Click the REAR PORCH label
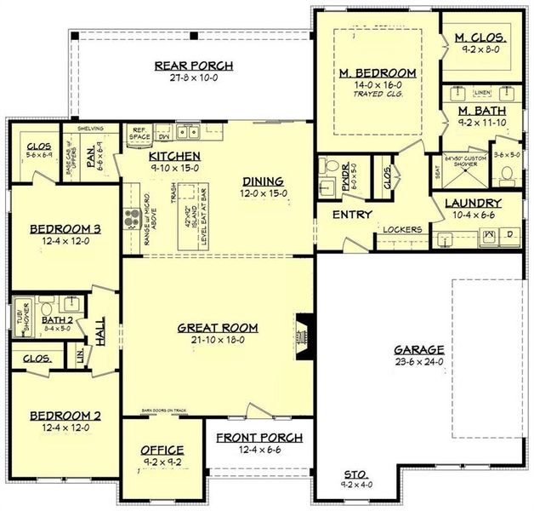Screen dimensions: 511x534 pos(193,66)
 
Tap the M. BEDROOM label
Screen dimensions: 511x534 pos(378,73)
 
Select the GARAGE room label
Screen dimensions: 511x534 pos(420,350)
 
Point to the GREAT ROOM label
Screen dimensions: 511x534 pos(217,327)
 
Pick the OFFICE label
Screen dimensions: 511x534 pos(161,449)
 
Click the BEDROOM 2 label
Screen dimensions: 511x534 pos(66,416)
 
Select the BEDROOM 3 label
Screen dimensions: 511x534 pos(65,228)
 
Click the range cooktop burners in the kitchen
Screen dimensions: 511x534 pos(133,218)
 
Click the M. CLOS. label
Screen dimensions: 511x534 pos(481,38)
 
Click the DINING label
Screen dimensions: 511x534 pos(263,181)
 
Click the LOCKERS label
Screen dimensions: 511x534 pos(402,229)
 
